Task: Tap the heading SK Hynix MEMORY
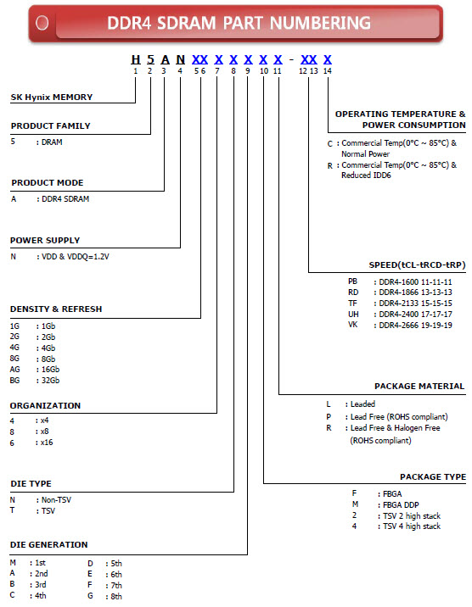click(x=52, y=97)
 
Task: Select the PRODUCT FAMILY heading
click(x=50, y=126)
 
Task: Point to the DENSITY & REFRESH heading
click(x=55, y=309)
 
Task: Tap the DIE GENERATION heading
click(x=48, y=544)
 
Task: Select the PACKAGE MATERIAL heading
click(x=419, y=387)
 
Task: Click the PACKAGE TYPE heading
click(x=432, y=477)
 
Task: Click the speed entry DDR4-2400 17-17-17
click(x=415, y=314)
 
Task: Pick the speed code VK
click(x=353, y=325)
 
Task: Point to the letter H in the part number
click(x=135, y=59)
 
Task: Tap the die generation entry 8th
click(x=115, y=595)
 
